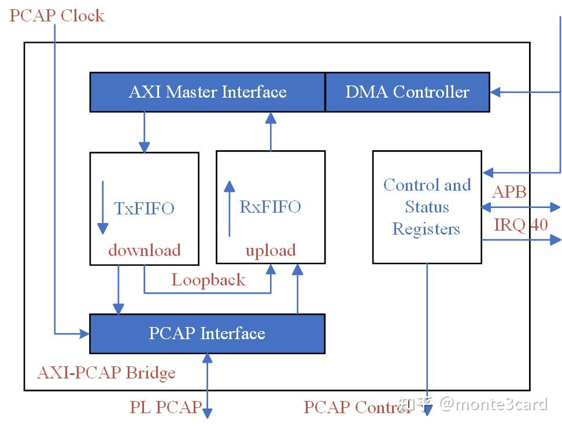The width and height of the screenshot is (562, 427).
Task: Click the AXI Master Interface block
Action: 207,92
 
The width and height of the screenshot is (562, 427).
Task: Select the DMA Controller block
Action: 407,92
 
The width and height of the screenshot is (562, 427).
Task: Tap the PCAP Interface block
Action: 207,333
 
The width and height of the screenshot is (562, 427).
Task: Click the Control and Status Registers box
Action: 427,207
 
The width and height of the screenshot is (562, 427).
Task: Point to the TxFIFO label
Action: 144,208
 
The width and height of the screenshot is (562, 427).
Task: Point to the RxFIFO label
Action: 270,206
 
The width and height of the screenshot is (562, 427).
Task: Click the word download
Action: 145,250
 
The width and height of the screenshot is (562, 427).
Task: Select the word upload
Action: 271,250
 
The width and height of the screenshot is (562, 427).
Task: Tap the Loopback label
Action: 208,280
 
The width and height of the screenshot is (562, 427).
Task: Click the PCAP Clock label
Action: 57,15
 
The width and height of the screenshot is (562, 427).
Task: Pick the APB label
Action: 509,191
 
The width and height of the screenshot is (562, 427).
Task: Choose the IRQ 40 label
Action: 520,224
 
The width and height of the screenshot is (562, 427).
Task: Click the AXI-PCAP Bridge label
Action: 106,373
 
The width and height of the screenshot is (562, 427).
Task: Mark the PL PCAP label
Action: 165,407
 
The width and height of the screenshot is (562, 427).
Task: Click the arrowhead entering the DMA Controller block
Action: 495,92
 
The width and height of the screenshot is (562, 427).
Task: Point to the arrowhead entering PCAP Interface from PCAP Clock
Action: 84,333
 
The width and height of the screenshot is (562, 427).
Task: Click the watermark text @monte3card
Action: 493,404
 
